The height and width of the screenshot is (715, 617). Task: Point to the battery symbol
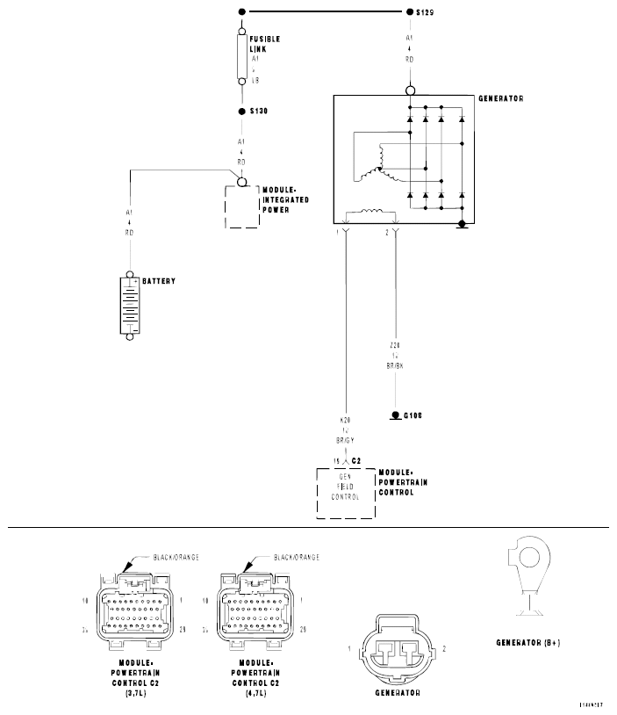130,304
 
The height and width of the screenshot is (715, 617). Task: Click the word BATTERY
159,281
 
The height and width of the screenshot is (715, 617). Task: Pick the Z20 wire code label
397,347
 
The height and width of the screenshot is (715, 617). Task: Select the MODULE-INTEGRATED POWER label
285,200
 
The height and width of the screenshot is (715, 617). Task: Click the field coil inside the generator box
371,212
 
